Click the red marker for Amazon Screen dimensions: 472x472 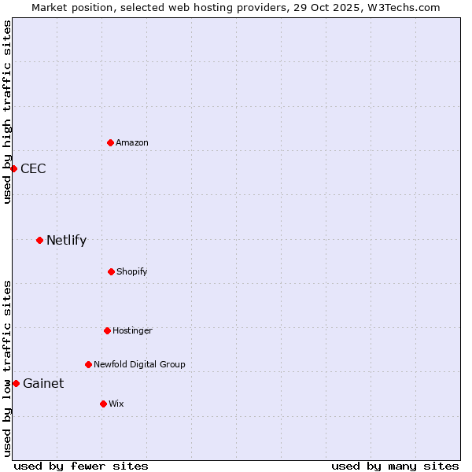pyautogui.click(x=110, y=142)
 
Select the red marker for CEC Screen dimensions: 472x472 pyautogui.click(x=13, y=168)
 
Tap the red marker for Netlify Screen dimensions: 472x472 pyautogui.click(x=39, y=240)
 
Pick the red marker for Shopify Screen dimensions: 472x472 pyautogui.click(x=111, y=271)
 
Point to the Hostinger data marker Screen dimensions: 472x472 pyautogui.click(x=107, y=330)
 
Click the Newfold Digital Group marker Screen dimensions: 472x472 pyautogui.click(x=88, y=364)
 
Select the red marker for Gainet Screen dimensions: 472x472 pyautogui.click(x=16, y=383)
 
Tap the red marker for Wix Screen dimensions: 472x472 pyautogui.click(x=103, y=404)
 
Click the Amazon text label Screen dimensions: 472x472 pyautogui.click(x=132, y=142)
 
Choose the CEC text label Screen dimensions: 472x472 pyautogui.click(x=33, y=168)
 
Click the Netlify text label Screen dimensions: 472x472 pyautogui.click(x=66, y=240)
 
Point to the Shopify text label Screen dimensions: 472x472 pyautogui.click(x=132, y=271)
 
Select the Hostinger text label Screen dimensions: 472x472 pyautogui.click(x=132, y=330)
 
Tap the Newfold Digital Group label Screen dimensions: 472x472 pyautogui.click(x=139, y=364)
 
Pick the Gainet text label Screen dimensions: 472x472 pyautogui.click(x=43, y=383)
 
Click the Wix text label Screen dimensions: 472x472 pyautogui.click(x=116, y=404)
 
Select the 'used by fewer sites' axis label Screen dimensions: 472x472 pyautogui.click(x=81, y=466)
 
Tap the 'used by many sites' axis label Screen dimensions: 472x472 pyautogui.click(x=395, y=466)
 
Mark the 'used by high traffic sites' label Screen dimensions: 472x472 pyautogui.click(x=7, y=112)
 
